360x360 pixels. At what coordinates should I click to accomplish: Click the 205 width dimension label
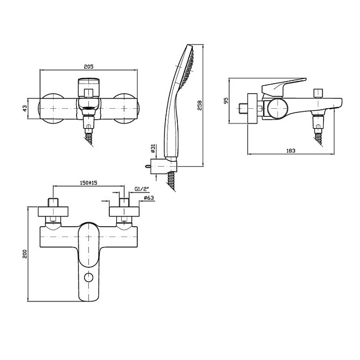tap(88, 66)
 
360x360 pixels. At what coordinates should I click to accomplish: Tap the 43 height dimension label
tap(25, 108)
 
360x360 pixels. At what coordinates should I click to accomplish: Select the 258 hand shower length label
tap(199, 106)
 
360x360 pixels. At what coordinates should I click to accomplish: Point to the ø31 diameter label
tap(153, 148)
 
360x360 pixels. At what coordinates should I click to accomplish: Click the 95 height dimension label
tap(227, 101)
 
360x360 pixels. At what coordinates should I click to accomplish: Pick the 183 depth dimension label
tap(291, 151)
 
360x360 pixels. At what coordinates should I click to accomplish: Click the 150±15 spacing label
tap(88, 183)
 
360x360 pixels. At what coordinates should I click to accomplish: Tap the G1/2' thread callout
tap(142, 189)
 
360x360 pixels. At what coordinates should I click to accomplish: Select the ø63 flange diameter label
tap(149, 198)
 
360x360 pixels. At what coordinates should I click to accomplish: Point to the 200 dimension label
tap(25, 254)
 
